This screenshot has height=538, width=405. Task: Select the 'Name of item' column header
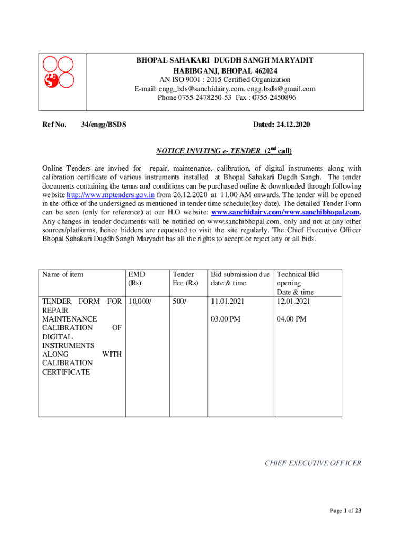[63, 274]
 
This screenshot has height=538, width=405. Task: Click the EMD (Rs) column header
[137, 278]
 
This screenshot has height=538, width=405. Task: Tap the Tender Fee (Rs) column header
[185, 278]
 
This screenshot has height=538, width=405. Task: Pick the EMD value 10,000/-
[140, 302]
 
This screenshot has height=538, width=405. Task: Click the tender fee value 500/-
[180, 302]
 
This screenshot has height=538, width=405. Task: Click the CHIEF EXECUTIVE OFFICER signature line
[312, 463]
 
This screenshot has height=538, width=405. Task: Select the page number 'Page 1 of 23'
[346, 511]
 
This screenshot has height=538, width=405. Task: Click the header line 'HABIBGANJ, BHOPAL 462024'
[226, 70]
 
